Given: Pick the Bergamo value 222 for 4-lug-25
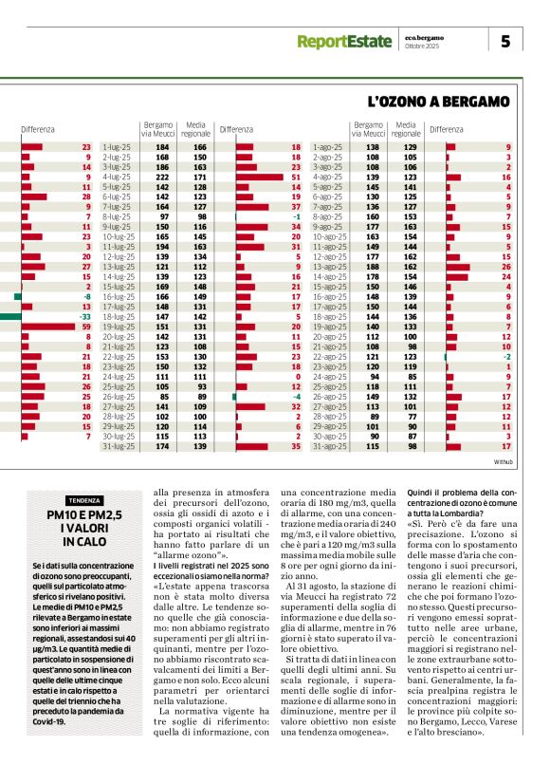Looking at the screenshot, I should click(x=162, y=177).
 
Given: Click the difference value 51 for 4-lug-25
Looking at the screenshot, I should click(x=296, y=177).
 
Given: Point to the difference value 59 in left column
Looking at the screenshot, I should click(x=85, y=327).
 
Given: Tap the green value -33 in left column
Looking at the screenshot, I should click(x=84, y=316).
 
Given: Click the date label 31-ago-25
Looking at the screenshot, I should click(x=325, y=446).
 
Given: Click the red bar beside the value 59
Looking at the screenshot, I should click(x=38, y=327).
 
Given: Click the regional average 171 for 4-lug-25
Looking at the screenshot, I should click(x=198, y=177).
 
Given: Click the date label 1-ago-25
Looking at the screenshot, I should click(x=325, y=147).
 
